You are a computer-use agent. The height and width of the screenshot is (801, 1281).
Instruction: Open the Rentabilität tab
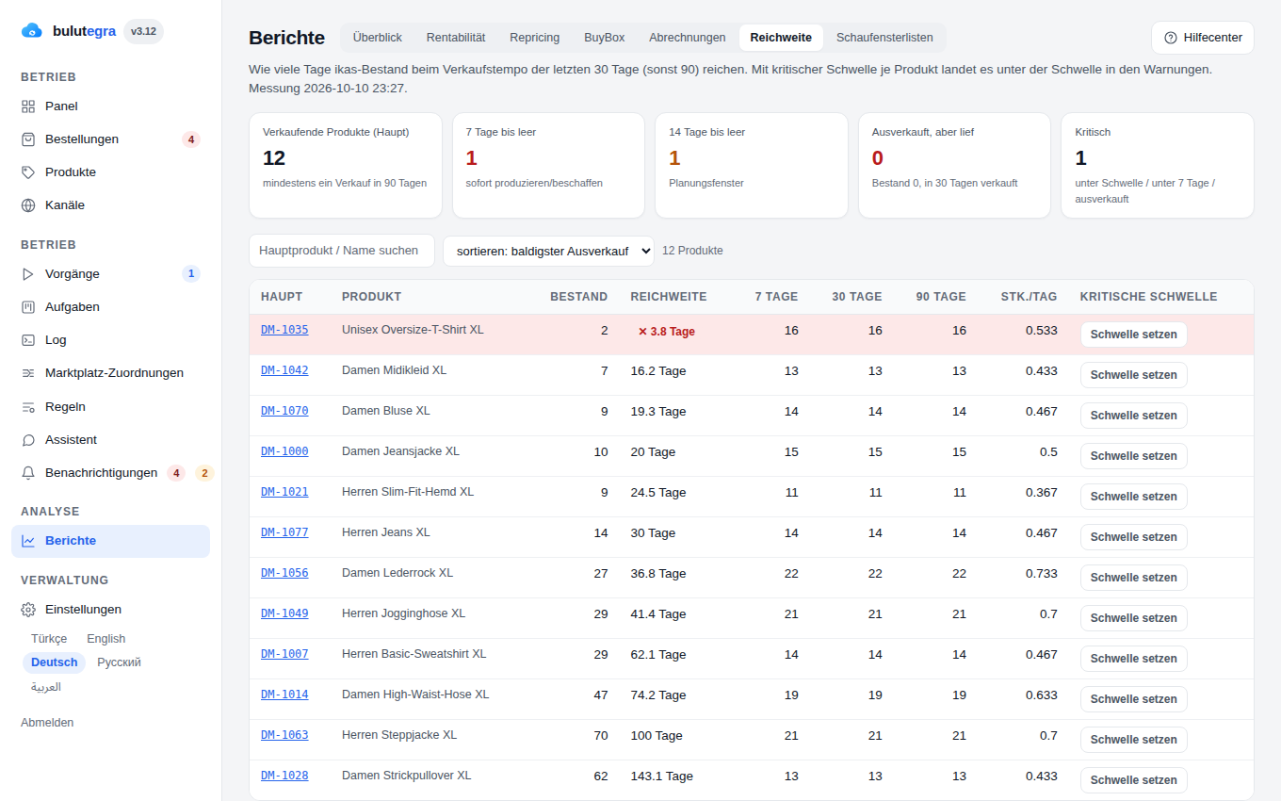pos(456,38)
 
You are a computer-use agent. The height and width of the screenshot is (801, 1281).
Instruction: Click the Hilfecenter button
pos(1203,38)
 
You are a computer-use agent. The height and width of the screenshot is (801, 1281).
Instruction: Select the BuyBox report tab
pos(604,38)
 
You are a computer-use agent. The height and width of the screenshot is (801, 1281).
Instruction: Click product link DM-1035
pos(284,330)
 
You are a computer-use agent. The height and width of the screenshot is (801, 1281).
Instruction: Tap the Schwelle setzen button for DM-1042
pos(1133,375)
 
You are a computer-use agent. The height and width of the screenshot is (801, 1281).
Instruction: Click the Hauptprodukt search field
pos(341,251)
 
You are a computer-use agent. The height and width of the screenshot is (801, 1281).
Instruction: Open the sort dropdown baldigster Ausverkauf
pos(548,252)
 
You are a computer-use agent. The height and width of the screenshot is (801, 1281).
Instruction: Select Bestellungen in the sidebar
pos(82,139)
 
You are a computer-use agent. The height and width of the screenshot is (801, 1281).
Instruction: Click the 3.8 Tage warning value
pos(666,332)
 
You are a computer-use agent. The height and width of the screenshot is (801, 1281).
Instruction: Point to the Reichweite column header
pos(669,297)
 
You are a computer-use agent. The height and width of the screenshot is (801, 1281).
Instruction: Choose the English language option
pos(105,639)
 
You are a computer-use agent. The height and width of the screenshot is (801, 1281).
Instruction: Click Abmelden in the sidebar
pos(47,723)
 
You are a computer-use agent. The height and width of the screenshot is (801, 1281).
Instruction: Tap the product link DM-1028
pos(284,776)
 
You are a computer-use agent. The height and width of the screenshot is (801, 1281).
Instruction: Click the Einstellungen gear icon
pos(28,610)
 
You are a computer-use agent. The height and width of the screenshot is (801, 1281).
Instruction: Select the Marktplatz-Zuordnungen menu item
pos(114,373)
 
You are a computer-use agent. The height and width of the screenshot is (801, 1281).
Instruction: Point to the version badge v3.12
pos(143,31)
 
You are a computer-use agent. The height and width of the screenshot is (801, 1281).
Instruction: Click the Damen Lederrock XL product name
pos(397,573)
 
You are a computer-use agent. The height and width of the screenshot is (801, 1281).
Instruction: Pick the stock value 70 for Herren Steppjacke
pos(601,736)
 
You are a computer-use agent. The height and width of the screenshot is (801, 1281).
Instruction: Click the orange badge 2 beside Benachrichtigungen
pos(204,473)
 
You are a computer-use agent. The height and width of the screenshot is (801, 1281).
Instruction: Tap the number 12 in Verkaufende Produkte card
pos(274,158)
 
